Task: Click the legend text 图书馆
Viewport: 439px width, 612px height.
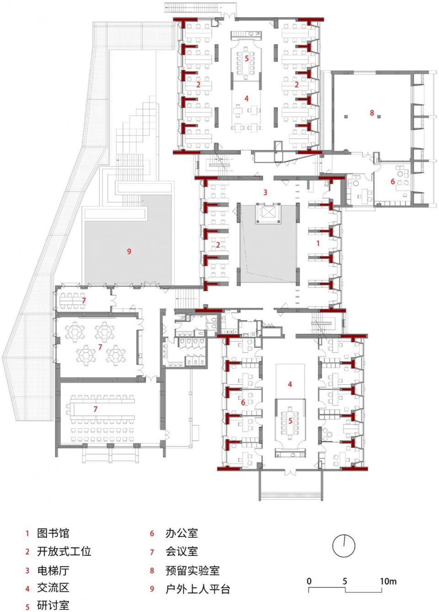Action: click(53, 533)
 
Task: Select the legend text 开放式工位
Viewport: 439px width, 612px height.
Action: click(64, 551)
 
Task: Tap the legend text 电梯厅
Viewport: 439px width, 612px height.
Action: click(53, 570)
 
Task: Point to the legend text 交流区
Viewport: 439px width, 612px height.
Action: click(53, 588)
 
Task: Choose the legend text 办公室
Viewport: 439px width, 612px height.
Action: click(182, 533)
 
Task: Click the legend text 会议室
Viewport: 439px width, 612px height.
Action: click(182, 551)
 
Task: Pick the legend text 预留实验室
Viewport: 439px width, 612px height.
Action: click(193, 570)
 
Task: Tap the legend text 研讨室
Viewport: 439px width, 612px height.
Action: click(53, 606)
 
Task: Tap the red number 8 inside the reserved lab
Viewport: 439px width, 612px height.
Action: click(372, 112)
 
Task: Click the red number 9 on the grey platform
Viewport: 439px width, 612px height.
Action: click(129, 251)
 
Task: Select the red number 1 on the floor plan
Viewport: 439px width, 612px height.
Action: click(318, 243)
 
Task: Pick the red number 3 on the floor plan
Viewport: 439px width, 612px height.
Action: click(265, 192)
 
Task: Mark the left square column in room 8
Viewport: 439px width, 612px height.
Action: click(346, 117)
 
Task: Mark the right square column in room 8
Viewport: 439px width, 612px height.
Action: click(379, 117)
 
